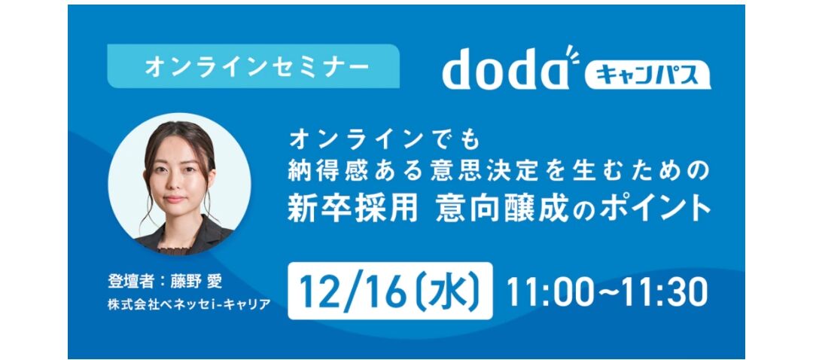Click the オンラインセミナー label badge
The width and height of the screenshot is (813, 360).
(x=253, y=66)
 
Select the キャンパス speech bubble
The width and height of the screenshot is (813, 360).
(x=647, y=75)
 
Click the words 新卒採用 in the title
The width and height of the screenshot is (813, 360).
(x=352, y=209)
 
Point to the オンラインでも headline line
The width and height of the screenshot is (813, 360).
(x=385, y=139)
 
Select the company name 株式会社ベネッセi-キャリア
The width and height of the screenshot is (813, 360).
(x=189, y=304)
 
